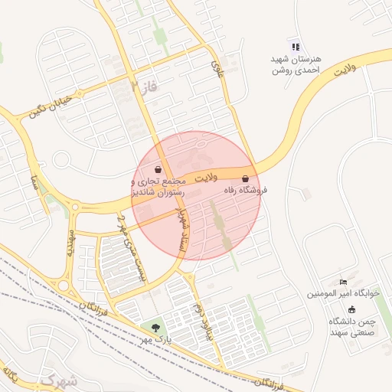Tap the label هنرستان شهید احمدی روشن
297,64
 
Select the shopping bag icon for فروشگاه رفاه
245,178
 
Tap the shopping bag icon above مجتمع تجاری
158,169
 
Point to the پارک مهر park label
156,338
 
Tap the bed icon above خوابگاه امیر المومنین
343,282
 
